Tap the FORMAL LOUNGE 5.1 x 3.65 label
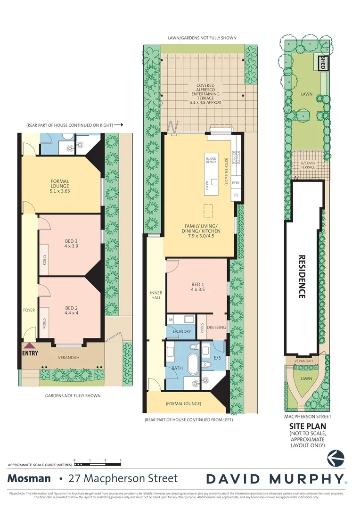pyautogui.click(x=60, y=184)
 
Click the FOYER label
pyautogui.click(x=29, y=310)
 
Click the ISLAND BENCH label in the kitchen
pyautogui.click(x=211, y=160)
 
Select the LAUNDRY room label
pyautogui.click(x=182, y=331)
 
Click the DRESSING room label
pyautogui.click(x=217, y=328)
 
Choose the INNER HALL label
pyautogui.click(x=155, y=296)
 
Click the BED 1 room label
pyautogui.click(x=198, y=286)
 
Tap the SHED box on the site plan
pyautogui.click(x=323, y=64)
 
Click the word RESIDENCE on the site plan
pyautogui.click(x=303, y=277)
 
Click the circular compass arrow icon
pyautogui.click(x=336, y=457)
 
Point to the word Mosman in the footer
pyautogui.click(x=29, y=479)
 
